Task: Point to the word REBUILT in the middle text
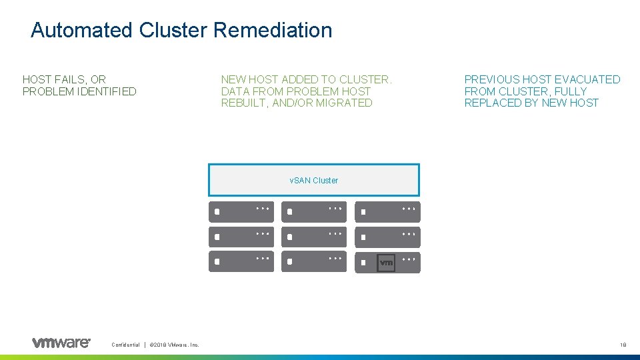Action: (243, 103)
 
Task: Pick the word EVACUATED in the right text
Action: (590, 79)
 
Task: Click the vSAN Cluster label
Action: (313, 180)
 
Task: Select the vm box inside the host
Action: (386, 263)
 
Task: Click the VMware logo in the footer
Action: (61, 343)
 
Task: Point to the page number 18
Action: (623, 345)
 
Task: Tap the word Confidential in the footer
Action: (125, 345)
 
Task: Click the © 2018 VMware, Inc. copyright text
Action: (175, 345)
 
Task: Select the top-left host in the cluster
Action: (241, 212)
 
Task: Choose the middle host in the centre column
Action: (314, 236)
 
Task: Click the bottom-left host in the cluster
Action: (241, 261)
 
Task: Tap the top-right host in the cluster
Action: (387, 212)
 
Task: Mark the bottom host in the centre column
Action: (314, 261)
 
